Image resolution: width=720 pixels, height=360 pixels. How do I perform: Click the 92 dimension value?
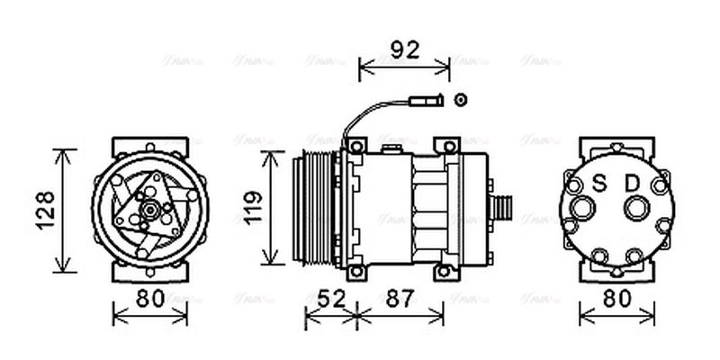pyautogui.click(x=404, y=49)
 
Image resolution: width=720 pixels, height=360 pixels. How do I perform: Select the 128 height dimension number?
pyautogui.click(x=47, y=211)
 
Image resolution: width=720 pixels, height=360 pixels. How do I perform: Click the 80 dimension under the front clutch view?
pyautogui.click(x=149, y=299)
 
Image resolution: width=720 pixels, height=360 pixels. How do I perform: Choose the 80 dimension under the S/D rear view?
pyautogui.click(x=616, y=299)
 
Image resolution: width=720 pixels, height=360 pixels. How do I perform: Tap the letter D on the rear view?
pyautogui.click(x=634, y=184)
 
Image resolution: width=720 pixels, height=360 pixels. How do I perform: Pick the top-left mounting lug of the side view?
pyautogui.click(x=357, y=146)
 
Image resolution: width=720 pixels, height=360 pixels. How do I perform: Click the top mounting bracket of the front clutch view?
pyautogui.click(x=150, y=147)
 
